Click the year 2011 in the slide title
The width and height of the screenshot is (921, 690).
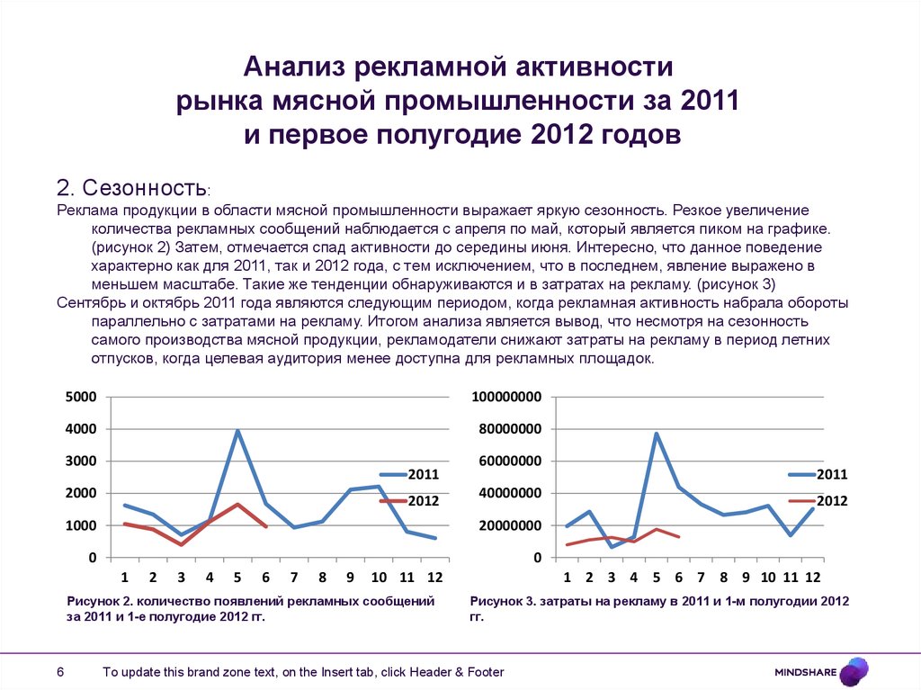click(x=708, y=101)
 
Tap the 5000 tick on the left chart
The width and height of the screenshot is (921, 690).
click(x=82, y=397)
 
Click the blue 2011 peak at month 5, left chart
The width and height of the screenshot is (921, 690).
click(x=237, y=431)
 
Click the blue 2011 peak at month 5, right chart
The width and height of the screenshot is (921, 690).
click(x=656, y=434)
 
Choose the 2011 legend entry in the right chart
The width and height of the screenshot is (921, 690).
click(x=832, y=474)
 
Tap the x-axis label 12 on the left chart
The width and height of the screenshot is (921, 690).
click(x=434, y=577)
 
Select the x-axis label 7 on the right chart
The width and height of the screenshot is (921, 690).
click(x=701, y=577)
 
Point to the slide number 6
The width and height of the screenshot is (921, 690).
click(x=60, y=672)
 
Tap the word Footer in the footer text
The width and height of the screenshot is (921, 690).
click(x=484, y=672)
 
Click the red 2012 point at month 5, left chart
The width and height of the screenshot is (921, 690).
click(x=237, y=504)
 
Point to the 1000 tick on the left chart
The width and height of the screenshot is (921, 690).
click(x=82, y=525)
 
